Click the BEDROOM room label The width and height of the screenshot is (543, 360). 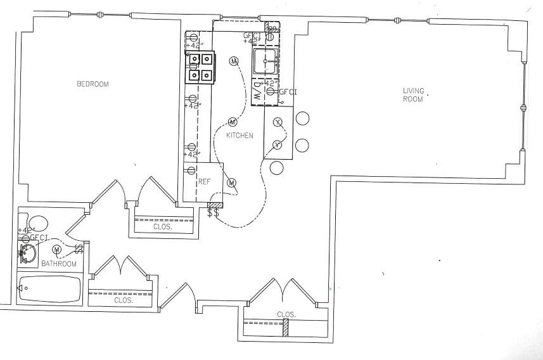click(93, 84)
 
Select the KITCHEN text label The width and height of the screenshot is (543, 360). click(240, 136)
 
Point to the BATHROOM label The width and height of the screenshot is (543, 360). click(59, 264)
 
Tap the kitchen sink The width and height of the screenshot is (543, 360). click(265, 61)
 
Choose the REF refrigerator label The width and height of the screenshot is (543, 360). click(204, 181)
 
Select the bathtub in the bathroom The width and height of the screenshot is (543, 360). click(49, 290)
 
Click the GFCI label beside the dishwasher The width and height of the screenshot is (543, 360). click(288, 92)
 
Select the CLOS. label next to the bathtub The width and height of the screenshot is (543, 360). click(123, 300)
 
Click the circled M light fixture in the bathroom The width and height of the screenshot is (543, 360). click(56, 249)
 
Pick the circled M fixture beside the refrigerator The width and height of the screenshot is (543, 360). click(231, 183)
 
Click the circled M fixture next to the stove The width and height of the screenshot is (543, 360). click(234, 61)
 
